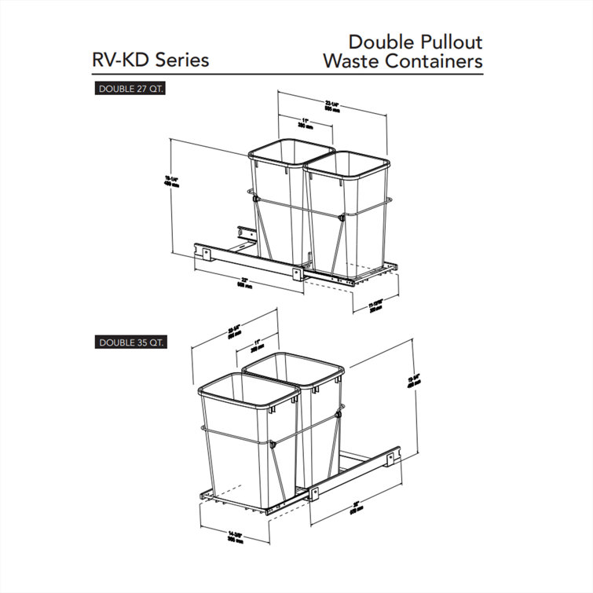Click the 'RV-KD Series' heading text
[151, 60]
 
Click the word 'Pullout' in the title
[443, 42]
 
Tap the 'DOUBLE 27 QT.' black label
[131, 89]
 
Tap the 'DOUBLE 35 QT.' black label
[131, 342]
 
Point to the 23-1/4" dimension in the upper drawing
[334, 107]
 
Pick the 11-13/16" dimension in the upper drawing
[375, 305]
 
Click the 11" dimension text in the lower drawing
[255, 342]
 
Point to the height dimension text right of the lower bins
[413, 379]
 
